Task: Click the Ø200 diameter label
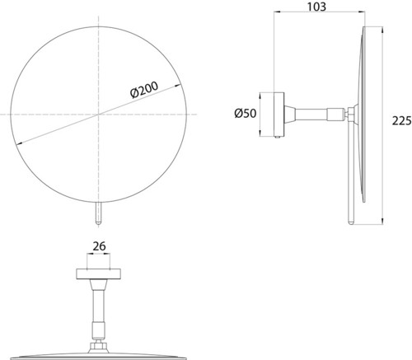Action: pos(144,90)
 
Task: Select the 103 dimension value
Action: pos(316,7)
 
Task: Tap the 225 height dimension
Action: pos(401,120)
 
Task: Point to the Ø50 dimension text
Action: pos(246,113)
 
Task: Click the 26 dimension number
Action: pos(99,246)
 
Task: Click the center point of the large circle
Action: pos(99,115)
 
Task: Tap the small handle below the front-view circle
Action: pos(98,213)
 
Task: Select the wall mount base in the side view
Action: pos(279,115)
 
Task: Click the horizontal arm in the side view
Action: pos(315,115)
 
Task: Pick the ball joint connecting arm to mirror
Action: pos(351,114)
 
